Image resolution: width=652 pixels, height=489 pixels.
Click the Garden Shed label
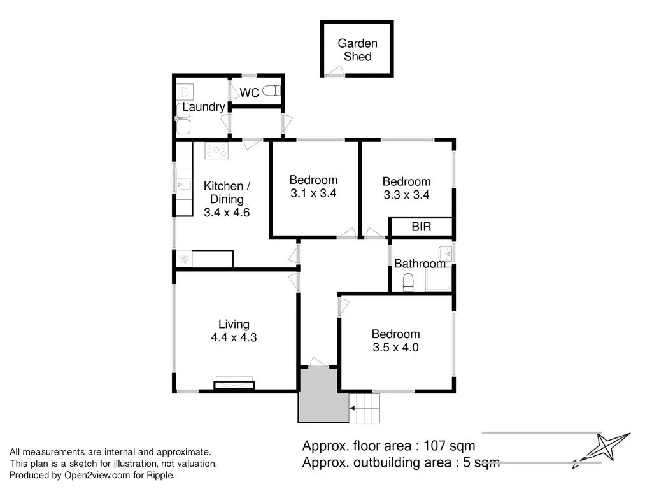(357, 50)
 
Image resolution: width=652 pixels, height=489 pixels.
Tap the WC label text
(249, 93)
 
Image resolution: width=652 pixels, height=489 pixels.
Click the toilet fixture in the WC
(271, 91)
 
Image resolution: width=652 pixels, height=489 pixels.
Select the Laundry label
(203, 107)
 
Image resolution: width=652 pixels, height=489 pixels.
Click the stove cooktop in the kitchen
(216, 151)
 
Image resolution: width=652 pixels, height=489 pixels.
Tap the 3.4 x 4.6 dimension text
(227, 213)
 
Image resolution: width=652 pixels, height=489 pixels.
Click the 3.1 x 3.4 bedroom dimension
(313, 194)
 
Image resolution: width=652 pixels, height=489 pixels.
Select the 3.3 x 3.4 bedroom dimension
(406, 195)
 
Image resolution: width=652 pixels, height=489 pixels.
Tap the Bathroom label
(420, 264)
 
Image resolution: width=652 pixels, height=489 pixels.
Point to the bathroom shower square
(438, 280)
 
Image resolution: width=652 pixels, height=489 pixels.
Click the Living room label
(234, 324)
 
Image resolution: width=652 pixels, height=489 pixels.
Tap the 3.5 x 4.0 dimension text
(395, 348)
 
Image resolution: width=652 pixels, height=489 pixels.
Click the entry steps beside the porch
(365, 408)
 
